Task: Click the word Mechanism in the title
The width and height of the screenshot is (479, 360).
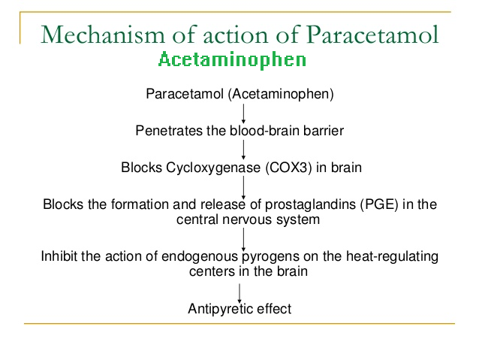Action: (x=103, y=35)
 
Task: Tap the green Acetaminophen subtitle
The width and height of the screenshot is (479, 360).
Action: (x=232, y=60)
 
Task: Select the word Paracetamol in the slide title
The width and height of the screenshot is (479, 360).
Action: (x=372, y=35)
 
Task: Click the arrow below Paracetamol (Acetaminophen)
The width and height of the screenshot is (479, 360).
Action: (x=243, y=113)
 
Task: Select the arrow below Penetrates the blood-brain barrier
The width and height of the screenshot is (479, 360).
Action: (x=243, y=150)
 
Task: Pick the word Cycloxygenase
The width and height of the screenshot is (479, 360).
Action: (x=213, y=168)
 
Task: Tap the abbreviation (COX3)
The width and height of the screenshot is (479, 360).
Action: (x=289, y=168)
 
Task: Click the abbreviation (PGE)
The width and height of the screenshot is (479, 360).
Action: (x=379, y=204)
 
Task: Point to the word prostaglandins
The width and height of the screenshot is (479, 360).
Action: (x=310, y=204)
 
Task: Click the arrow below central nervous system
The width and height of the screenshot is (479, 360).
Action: (x=243, y=240)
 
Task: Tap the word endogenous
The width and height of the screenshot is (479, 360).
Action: (x=200, y=257)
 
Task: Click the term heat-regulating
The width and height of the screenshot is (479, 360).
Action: (x=392, y=256)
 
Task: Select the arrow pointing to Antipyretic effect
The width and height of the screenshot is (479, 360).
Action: (x=239, y=293)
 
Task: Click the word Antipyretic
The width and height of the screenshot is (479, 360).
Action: (x=220, y=309)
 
